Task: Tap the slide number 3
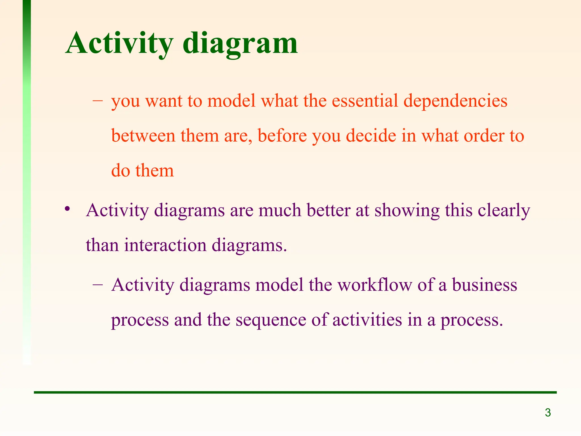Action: [x=548, y=412]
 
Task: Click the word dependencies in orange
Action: [x=455, y=101]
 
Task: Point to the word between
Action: [x=143, y=136]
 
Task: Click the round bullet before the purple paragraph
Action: [x=67, y=209]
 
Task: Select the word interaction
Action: [x=165, y=245]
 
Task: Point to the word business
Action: [x=485, y=285]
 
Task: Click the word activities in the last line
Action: [x=367, y=320]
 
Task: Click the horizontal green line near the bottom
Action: [x=295, y=392]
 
